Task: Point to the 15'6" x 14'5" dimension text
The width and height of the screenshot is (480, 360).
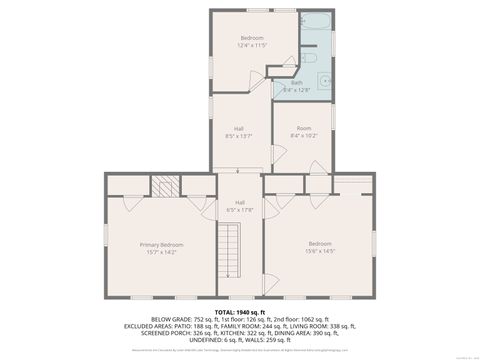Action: point(320,252)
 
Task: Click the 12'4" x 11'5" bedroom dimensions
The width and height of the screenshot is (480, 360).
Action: point(254,45)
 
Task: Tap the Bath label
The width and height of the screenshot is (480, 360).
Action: point(297,83)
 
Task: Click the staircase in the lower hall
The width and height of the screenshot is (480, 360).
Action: point(231,250)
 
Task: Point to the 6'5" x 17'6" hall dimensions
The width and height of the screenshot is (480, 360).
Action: point(240,210)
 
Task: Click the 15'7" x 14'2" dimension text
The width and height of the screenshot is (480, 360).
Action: point(160,252)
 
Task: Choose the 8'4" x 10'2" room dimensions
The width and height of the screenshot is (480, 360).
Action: point(302,136)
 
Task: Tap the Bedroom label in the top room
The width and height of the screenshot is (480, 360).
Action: point(254,37)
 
